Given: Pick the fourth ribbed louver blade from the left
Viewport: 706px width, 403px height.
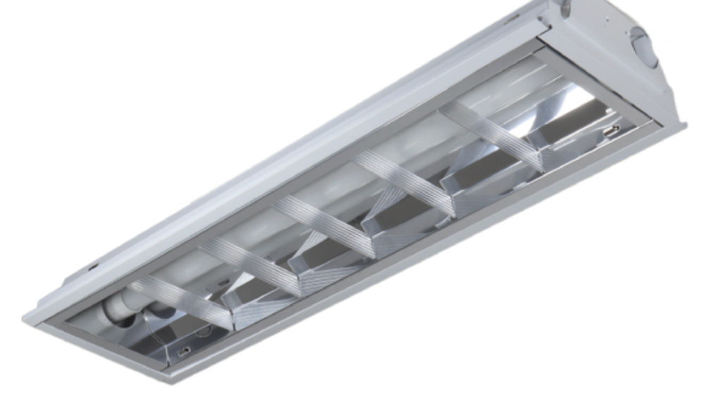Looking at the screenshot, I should [405, 185].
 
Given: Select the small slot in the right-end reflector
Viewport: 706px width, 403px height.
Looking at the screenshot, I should [610, 131].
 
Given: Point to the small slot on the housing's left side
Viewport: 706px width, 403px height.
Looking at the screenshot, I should [93, 267].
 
